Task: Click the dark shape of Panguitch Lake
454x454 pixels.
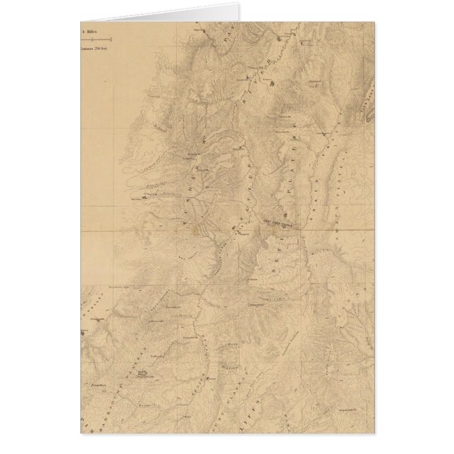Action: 142,373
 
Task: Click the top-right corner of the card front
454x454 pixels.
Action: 374,22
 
